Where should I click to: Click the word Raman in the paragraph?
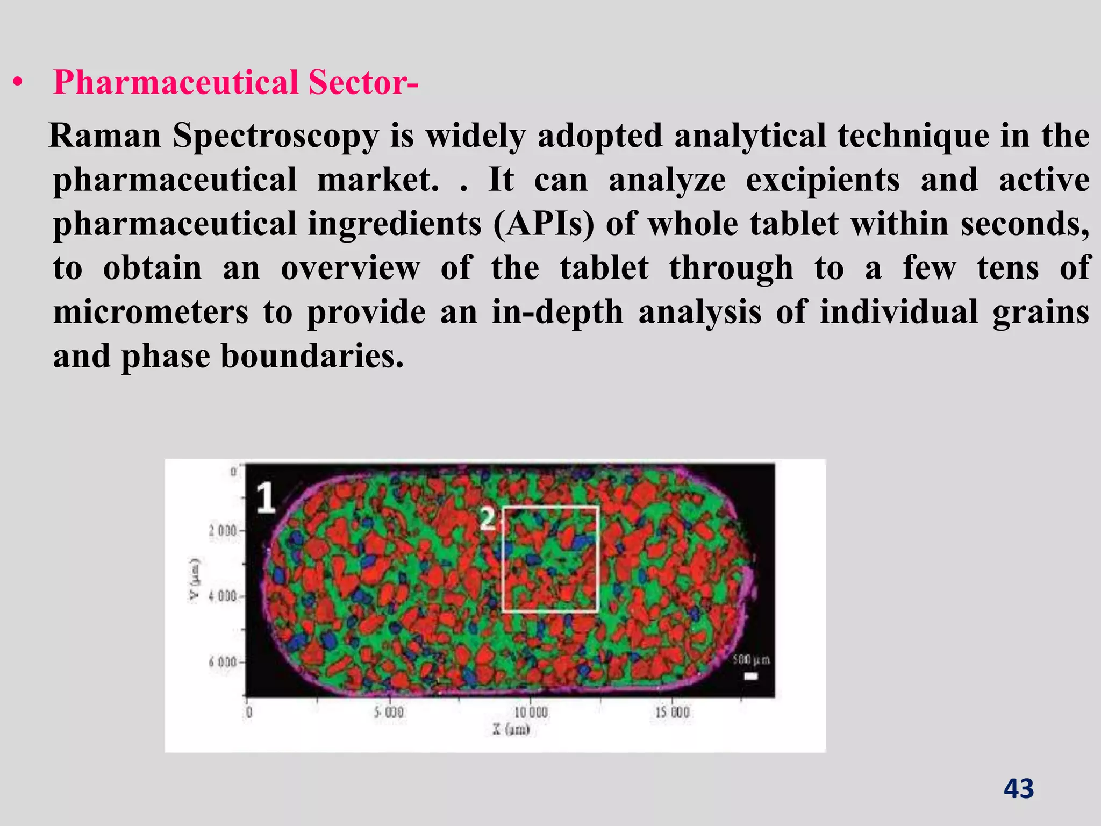pos(105,136)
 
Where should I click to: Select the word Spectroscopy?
pos(276,137)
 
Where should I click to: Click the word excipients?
pos(823,180)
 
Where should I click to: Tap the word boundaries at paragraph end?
pos(312,357)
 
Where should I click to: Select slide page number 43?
pos(1019,789)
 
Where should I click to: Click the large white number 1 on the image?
pos(266,497)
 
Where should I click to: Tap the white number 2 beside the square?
pos(488,519)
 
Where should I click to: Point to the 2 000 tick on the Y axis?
pos(223,531)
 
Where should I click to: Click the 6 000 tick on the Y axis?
pos(223,662)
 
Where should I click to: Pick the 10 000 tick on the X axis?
pos(531,713)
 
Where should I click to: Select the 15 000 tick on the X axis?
pos(672,713)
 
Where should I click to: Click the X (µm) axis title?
pos(511,730)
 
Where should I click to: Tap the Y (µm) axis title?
pos(195,581)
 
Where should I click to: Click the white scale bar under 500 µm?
pos(750,676)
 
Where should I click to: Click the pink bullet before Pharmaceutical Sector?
pos(19,83)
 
